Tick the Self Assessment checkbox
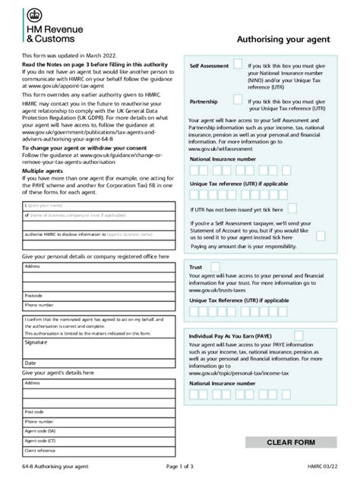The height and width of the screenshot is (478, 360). tap(238, 65)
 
